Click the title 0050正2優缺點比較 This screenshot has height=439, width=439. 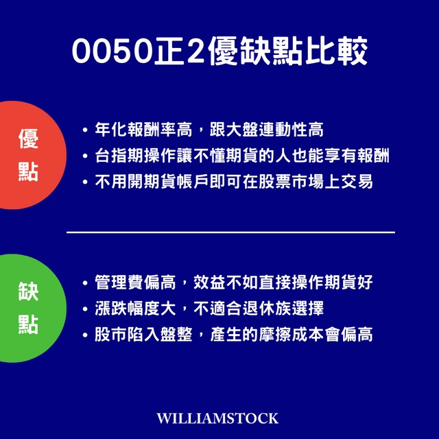click(x=219, y=51)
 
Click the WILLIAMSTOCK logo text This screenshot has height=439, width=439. click(x=218, y=418)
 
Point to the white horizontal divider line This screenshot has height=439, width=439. click(x=230, y=233)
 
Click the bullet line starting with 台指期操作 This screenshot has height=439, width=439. click(x=240, y=156)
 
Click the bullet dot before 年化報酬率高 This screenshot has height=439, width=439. click(x=84, y=130)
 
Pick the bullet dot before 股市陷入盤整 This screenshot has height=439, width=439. click(x=84, y=335)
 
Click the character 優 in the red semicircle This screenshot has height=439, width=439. click(x=28, y=139)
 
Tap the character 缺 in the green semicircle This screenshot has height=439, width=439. click(x=28, y=291)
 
